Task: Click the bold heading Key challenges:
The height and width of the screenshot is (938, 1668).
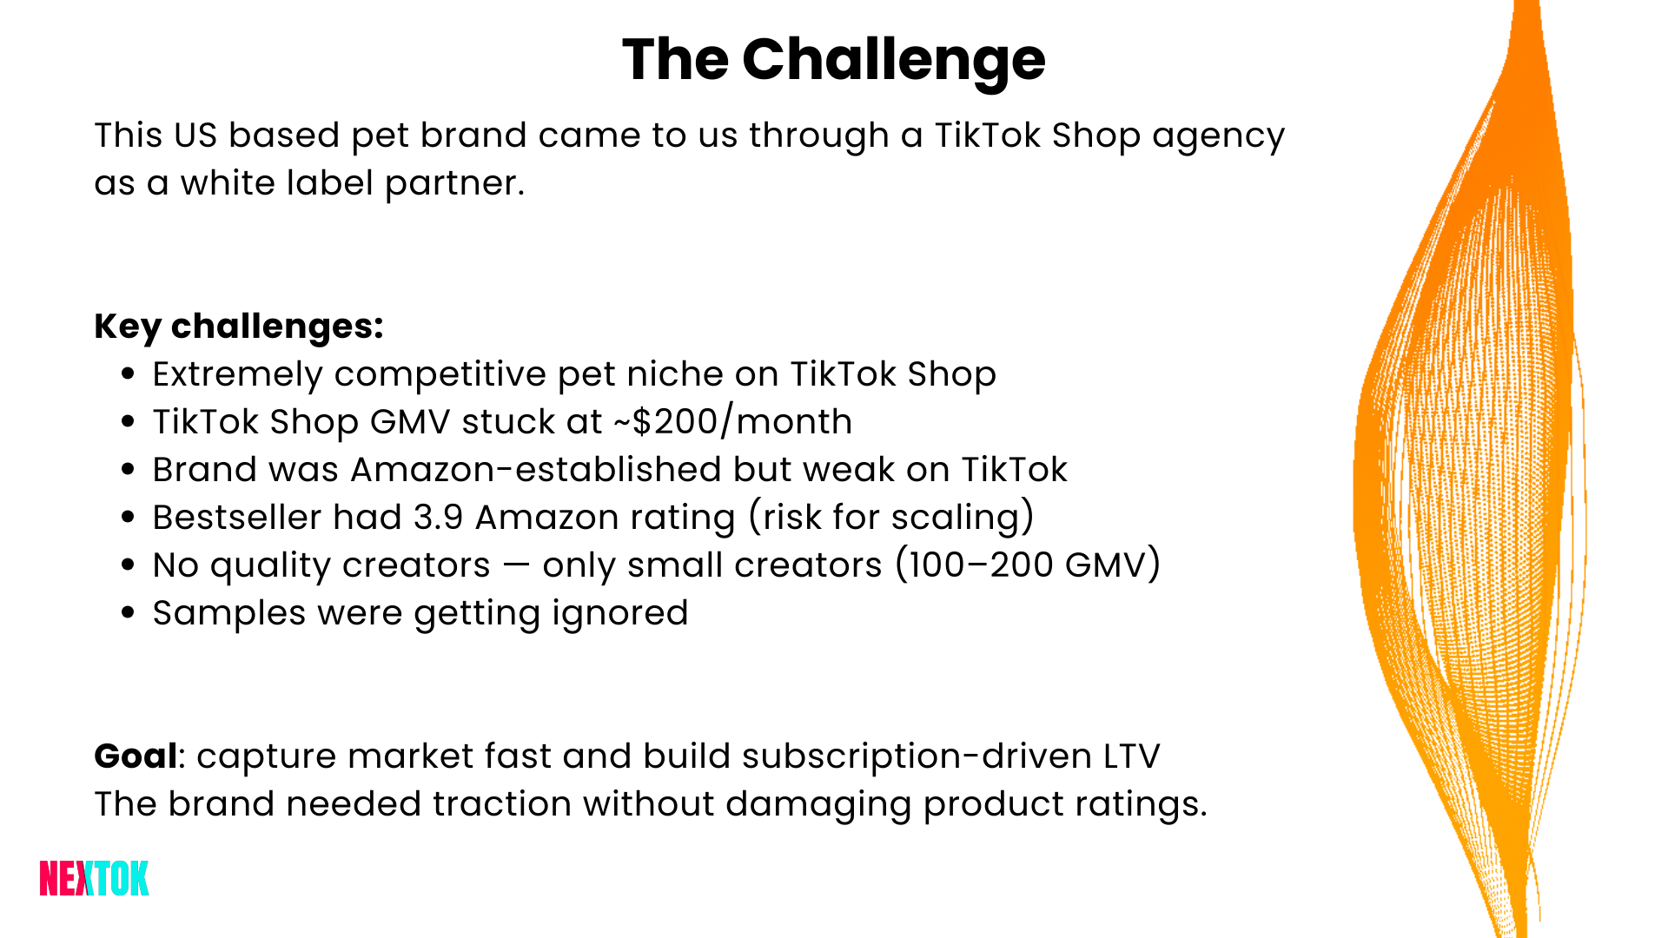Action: [x=239, y=327]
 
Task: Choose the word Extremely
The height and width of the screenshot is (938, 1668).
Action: [x=237, y=375]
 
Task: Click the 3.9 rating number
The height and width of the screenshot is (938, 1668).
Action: [x=438, y=518]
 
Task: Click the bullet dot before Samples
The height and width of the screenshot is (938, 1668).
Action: [x=129, y=612]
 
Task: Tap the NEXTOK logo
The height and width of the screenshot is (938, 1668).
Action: [x=94, y=878]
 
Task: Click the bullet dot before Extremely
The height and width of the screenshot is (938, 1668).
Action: [x=129, y=373]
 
